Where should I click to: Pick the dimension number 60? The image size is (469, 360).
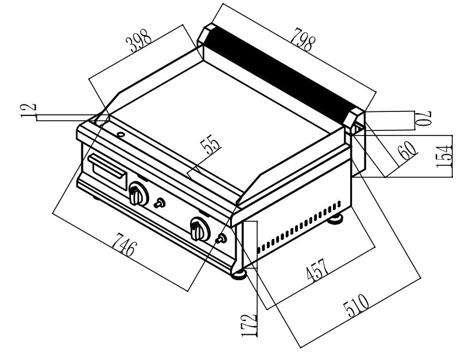coord(406,150)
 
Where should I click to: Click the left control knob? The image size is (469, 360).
coord(138,195)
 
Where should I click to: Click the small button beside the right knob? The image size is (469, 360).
coord(221,239)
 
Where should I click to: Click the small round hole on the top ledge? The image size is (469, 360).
coord(121,135)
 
